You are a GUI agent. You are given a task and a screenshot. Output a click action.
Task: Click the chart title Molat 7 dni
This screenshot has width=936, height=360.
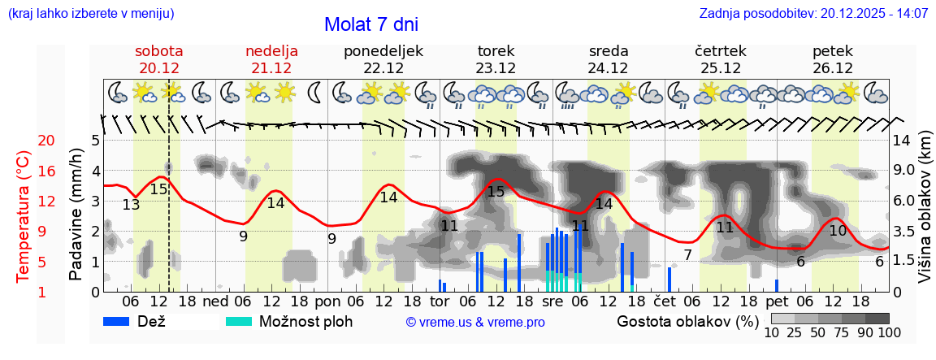coord(371,24)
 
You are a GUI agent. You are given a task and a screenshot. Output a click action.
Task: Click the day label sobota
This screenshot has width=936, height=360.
coord(159,51)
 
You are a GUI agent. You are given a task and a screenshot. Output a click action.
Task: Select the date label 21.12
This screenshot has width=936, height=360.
coord(271,68)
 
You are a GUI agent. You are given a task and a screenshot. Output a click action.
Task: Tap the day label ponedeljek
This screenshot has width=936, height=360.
coord(383,51)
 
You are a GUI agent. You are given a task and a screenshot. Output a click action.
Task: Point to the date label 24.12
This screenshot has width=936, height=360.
coord(608,68)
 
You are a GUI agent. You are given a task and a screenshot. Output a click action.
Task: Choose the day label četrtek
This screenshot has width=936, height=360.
coord(721,51)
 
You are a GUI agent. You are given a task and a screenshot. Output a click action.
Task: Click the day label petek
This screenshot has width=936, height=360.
coord(833,51)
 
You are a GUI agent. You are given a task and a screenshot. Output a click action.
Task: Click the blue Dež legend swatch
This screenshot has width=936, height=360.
coord(122,321)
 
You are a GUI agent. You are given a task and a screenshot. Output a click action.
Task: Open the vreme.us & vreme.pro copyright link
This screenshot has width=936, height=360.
coord(475,323)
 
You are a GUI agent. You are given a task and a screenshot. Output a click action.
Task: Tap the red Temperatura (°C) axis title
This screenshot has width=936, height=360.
coord(24,217)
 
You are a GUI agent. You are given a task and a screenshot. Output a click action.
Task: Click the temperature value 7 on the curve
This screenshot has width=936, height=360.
coord(687,255)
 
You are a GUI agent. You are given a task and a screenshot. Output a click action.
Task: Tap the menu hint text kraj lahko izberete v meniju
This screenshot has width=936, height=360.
coord(90,14)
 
